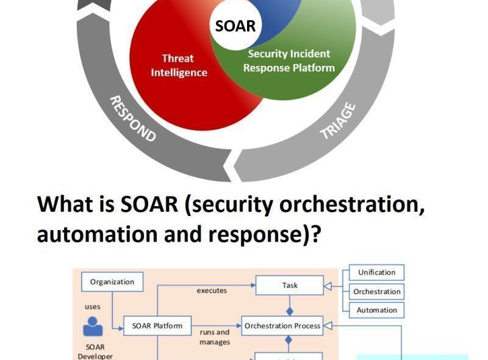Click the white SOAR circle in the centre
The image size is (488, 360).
pos(235,26)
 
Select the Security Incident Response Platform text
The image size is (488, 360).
pos(289,61)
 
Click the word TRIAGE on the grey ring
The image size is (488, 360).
pos(337,121)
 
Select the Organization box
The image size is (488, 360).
pos(112,282)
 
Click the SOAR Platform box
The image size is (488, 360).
pos(157,325)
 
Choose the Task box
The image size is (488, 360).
pos(290,285)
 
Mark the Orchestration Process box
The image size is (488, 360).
pos(282,326)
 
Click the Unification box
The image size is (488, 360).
pos(376,272)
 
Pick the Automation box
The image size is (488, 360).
pos(376,310)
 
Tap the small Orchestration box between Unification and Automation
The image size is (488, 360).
pos(376,291)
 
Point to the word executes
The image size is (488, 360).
pos(212,290)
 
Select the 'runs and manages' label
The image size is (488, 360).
pos(214,337)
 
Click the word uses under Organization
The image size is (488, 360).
pos(93,306)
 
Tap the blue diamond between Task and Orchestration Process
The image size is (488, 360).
pos(290,310)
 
